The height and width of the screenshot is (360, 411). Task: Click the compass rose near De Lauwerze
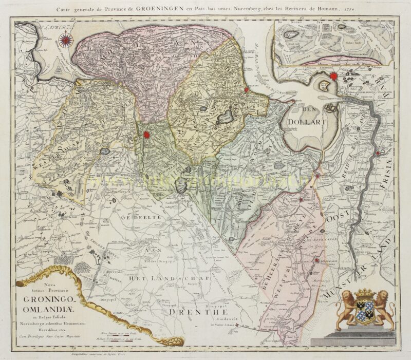coord(66,38)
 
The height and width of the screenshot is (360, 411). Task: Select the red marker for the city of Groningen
coord(146,135)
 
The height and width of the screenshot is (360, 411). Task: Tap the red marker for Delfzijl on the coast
coord(247,90)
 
